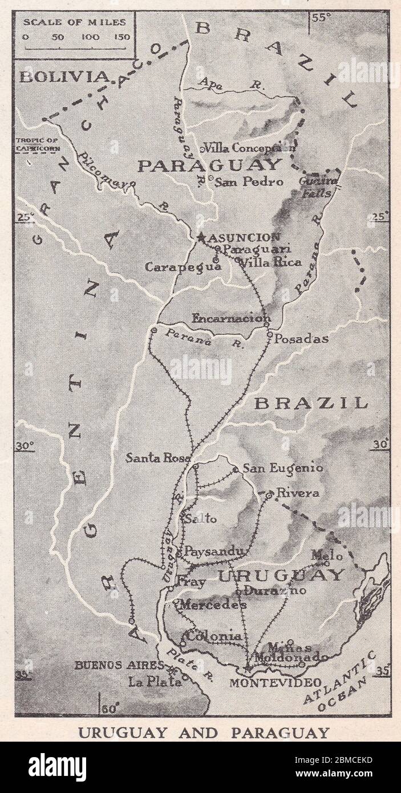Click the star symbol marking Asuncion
200,238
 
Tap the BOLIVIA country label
64,76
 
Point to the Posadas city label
301,339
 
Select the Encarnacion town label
230,318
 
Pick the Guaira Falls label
314,187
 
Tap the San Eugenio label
283,468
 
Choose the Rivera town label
298,493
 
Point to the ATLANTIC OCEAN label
341,681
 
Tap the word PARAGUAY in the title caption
280,733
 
